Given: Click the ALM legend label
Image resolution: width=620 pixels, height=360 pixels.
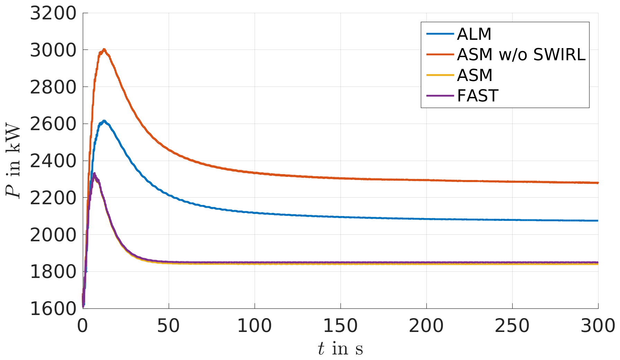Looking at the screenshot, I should point(474,34).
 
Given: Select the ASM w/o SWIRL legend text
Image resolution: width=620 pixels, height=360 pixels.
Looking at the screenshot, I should point(521,54).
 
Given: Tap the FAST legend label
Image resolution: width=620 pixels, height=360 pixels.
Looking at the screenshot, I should point(477,96).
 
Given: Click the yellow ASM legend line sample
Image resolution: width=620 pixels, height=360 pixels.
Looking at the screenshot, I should point(440,75).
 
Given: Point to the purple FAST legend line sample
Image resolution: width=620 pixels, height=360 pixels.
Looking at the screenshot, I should point(440,96).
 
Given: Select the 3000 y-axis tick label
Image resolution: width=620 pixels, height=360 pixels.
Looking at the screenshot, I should point(53,51).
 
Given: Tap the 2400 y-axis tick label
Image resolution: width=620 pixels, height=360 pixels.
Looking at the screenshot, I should point(53,161).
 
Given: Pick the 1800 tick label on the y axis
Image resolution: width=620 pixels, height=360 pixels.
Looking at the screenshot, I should point(53,272).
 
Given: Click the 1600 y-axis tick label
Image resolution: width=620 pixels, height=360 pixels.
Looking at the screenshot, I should point(53,308).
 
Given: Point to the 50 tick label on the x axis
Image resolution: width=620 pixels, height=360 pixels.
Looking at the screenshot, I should point(168,326).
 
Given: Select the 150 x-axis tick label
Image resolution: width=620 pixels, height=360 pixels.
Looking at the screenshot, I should point(340,326).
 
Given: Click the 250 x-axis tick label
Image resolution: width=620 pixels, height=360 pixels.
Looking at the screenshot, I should point(512,326).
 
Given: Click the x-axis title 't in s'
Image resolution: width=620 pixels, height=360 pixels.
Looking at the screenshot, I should point(340,349).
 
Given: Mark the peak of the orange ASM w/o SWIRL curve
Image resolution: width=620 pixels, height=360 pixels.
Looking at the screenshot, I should point(104,49).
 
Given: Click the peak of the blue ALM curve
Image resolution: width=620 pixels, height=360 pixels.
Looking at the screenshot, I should point(104,121).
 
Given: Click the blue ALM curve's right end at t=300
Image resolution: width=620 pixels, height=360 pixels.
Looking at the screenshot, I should point(597,220).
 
